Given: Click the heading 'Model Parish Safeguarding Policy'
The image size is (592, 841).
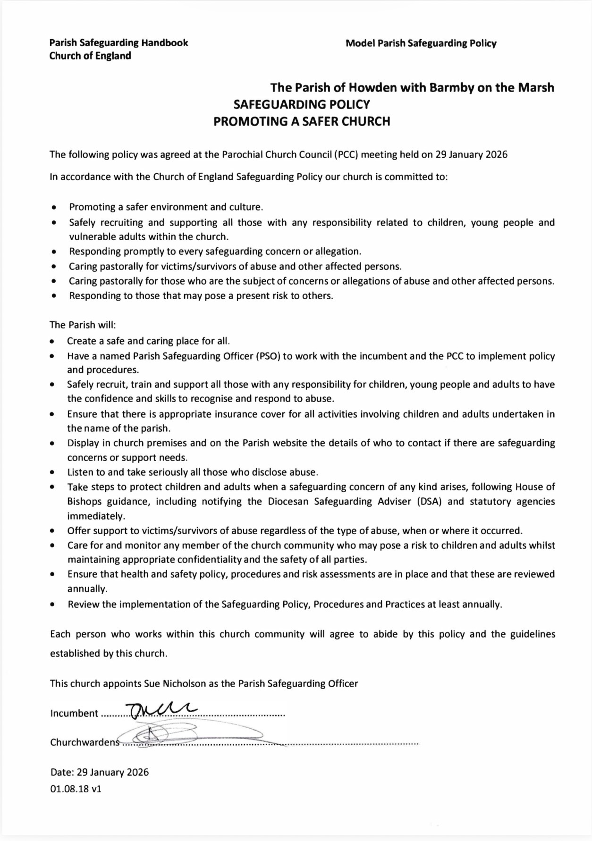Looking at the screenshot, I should (421, 43).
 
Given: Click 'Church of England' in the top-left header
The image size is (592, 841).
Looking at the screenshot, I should (90, 56).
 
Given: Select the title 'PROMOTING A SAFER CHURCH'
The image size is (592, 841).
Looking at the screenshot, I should (302, 121).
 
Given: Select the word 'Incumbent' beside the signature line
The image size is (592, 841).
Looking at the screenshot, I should (74, 713).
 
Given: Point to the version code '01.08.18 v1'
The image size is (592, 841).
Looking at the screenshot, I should (76, 789).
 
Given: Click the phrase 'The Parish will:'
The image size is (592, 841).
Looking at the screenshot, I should (83, 325).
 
